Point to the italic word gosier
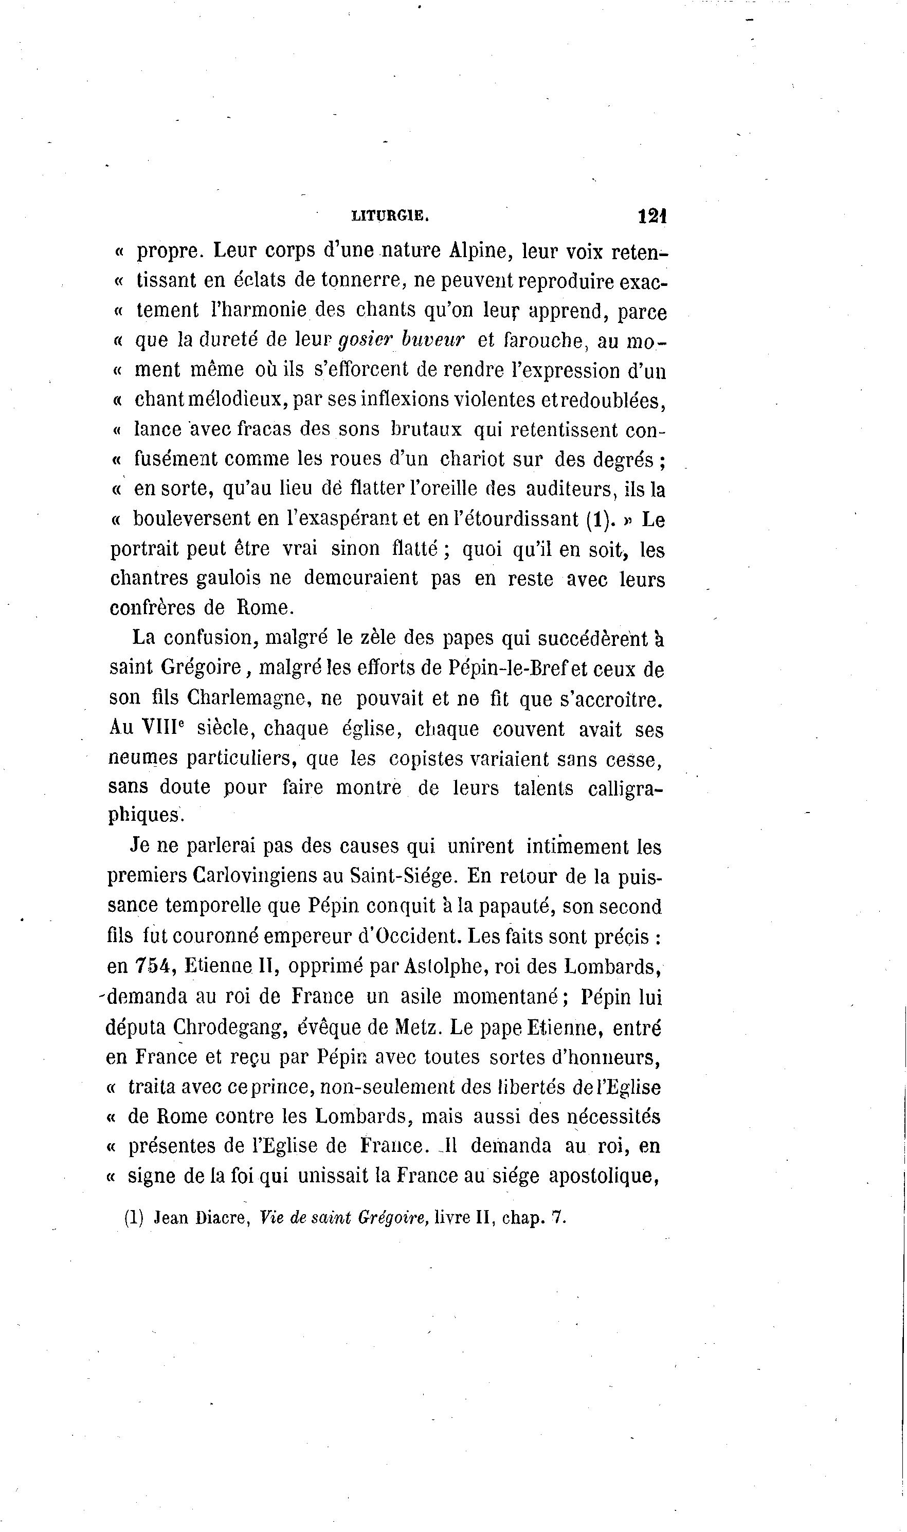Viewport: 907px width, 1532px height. pos(364,340)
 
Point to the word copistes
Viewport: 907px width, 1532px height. pos(426,758)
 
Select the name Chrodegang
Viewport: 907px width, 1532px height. pos(230,1027)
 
